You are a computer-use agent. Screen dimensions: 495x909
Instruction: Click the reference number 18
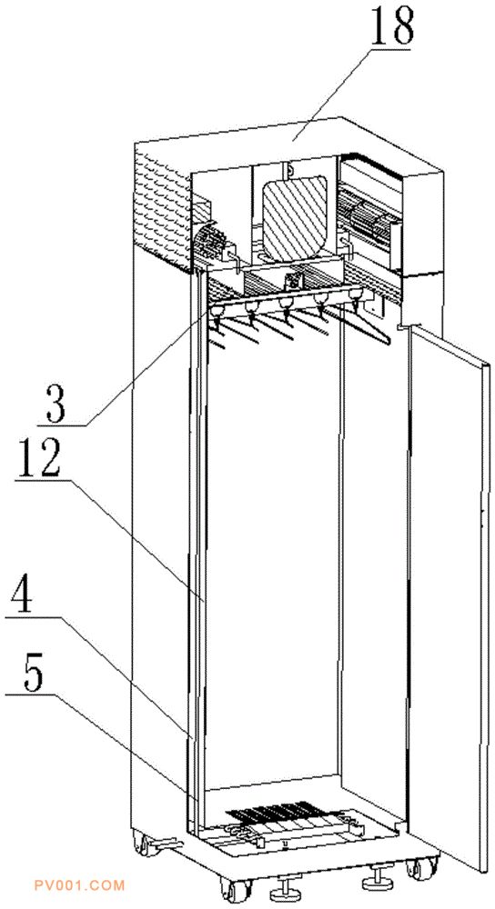(x=392, y=26)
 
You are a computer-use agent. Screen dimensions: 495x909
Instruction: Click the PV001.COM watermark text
(x=79, y=885)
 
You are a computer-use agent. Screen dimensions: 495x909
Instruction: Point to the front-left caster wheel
(x=235, y=888)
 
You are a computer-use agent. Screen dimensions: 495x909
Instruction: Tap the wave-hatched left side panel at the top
(x=163, y=205)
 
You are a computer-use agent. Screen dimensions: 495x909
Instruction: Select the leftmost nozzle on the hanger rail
(x=216, y=315)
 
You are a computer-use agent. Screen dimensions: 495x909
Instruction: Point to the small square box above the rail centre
(x=292, y=282)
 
